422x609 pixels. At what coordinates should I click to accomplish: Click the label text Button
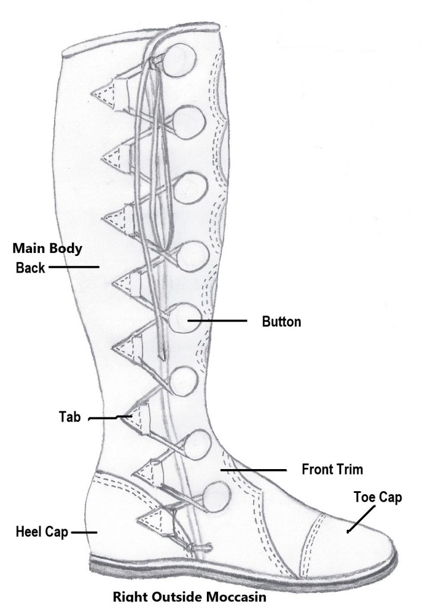pyautogui.click(x=281, y=322)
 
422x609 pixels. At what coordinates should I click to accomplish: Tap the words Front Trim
pyautogui.click(x=332, y=469)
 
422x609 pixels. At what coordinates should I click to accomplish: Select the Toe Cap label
pyautogui.click(x=378, y=496)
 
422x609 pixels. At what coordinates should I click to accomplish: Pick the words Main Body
pyautogui.click(x=47, y=248)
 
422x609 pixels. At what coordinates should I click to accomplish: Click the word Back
pyautogui.click(x=30, y=268)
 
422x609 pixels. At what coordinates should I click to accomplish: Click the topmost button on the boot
pyautogui.click(x=179, y=59)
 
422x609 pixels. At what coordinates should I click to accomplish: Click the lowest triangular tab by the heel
pyautogui.click(x=154, y=518)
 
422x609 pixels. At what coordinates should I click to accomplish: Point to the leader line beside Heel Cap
pyautogui.click(x=83, y=532)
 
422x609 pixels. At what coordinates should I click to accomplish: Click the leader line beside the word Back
pyautogui.click(x=73, y=267)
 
